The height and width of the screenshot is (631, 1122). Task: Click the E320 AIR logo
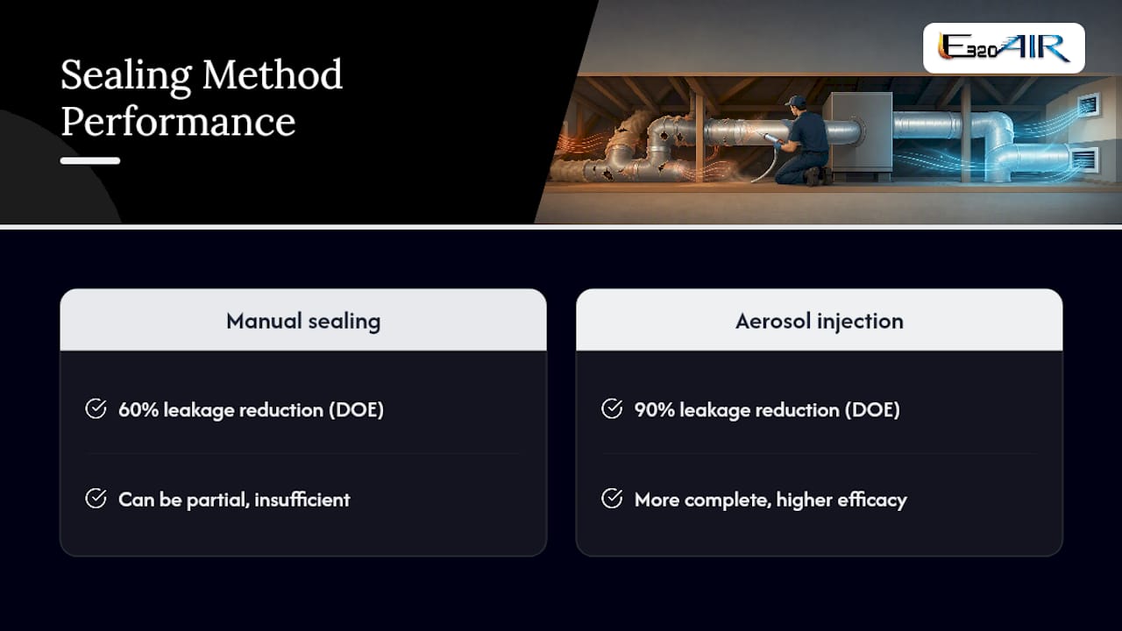point(1004,48)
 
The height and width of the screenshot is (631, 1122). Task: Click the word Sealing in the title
point(126,75)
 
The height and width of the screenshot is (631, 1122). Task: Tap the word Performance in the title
point(178,122)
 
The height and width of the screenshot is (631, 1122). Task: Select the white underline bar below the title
point(90,160)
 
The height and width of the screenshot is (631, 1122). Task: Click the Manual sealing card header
point(303,321)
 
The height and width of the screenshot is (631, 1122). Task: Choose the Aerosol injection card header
point(819,321)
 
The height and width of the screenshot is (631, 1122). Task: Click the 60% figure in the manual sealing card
point(138,409)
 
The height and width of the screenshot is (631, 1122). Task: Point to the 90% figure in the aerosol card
point(654,409)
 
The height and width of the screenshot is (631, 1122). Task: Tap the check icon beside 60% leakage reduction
point(96,408)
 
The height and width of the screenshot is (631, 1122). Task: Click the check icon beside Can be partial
point(96,499)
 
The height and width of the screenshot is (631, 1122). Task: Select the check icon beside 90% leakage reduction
point(612,408)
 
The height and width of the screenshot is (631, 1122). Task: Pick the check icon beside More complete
point(612,499)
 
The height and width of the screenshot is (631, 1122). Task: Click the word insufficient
point(302,500)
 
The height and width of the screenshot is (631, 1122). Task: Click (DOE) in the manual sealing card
point(356,410)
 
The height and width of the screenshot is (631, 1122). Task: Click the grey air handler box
point(857,132)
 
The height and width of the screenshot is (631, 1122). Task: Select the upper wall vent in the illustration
point(1088,106)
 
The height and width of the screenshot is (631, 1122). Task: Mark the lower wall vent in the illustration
point(1085,160)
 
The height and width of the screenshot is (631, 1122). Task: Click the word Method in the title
point(273,74)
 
